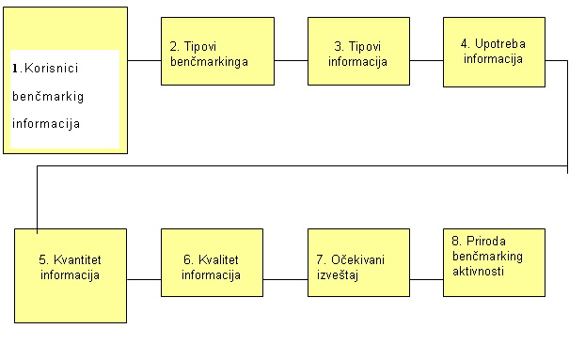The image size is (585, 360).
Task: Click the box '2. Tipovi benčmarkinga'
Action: [x=217, y=52]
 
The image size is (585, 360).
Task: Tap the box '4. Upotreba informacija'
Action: [x=495, y=52]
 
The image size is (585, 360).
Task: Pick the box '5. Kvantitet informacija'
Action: [x=71, y=275]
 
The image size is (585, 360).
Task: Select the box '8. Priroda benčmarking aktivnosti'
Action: [x=495, y=262]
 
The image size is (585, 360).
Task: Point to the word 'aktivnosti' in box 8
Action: [x=477, y=270]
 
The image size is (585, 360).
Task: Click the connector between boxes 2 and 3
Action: [x=292, y=60]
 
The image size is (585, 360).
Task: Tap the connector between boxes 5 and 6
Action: [x=144, y=279]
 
